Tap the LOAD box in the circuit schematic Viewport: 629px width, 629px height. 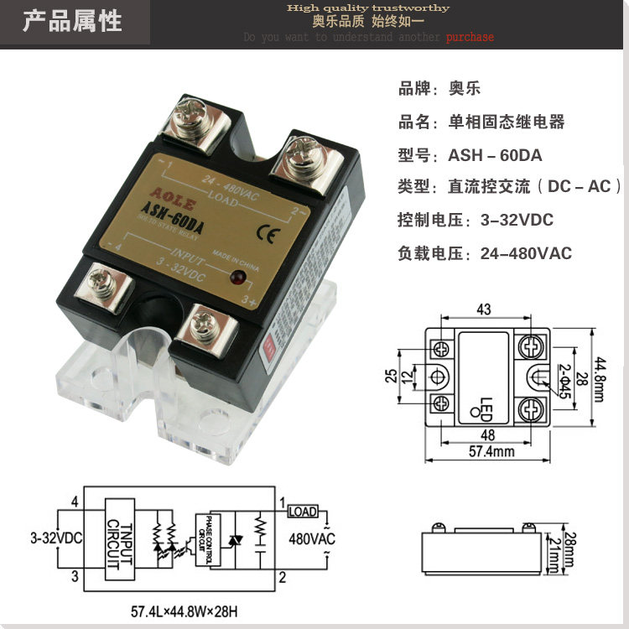click(x=303, y=512)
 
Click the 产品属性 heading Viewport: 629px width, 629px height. click(x=73, y=21)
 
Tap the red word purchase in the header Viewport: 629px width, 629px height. click(x=470, y=37)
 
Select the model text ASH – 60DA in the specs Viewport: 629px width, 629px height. click(x=495, y=155)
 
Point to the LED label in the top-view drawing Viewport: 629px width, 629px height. click(x=486, y=405)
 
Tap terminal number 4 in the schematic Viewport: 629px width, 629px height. click(x=75, y=502)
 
